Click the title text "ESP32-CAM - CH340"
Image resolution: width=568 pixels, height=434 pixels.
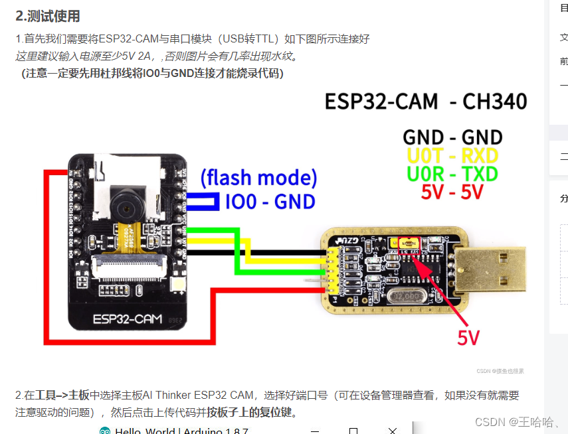pyautogui.click(x=425, y=102)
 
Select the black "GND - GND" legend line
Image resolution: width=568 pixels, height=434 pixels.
pyautogui.click(x=452, y=137)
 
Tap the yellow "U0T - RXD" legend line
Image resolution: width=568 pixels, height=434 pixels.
pyautogui.click(x=452, y=156)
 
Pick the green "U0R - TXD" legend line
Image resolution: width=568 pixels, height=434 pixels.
pyautogui.click(x=452, y=174)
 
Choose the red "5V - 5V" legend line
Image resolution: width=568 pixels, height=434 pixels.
pyautogui.click(x=452, y=192)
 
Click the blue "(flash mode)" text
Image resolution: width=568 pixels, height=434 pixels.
pyautogui.click(x=258, y=178)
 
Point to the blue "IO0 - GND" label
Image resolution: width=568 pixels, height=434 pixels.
pyautogui.click(x=270, y=201)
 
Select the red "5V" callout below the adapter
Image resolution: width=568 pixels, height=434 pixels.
pyautogui.click(x=468, y=338)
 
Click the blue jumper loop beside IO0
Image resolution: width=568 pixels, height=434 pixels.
pyautogui.click(x=203, y=202)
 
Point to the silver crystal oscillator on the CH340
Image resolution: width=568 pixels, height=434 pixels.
pyautogui.click(x=401, y=296)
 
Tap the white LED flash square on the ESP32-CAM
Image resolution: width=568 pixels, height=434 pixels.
pyautogui.click(x=179, y=285)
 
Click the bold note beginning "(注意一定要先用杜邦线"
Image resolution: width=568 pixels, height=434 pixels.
pyautogui.click(x=153, y=73)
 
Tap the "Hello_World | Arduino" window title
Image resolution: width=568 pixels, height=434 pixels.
pyautogui.click(x=181, y=431)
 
